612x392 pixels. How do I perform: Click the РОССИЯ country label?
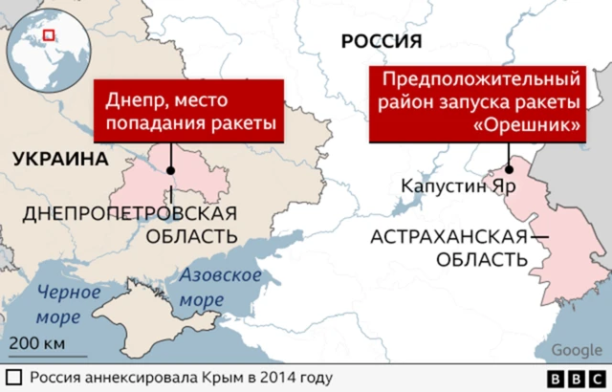(382, 40)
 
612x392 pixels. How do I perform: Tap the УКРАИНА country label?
(59, 159)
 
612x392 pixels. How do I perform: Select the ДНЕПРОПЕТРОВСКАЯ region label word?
(128, 211)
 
